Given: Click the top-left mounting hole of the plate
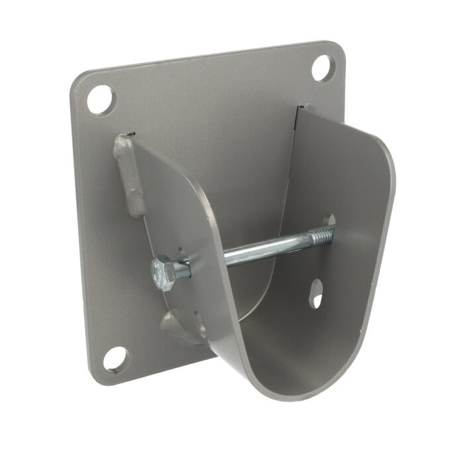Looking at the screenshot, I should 100,99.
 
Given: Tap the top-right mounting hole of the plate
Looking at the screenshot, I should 323,67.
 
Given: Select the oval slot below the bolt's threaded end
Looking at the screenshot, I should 318,292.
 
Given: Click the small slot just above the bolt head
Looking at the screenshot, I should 180,251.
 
